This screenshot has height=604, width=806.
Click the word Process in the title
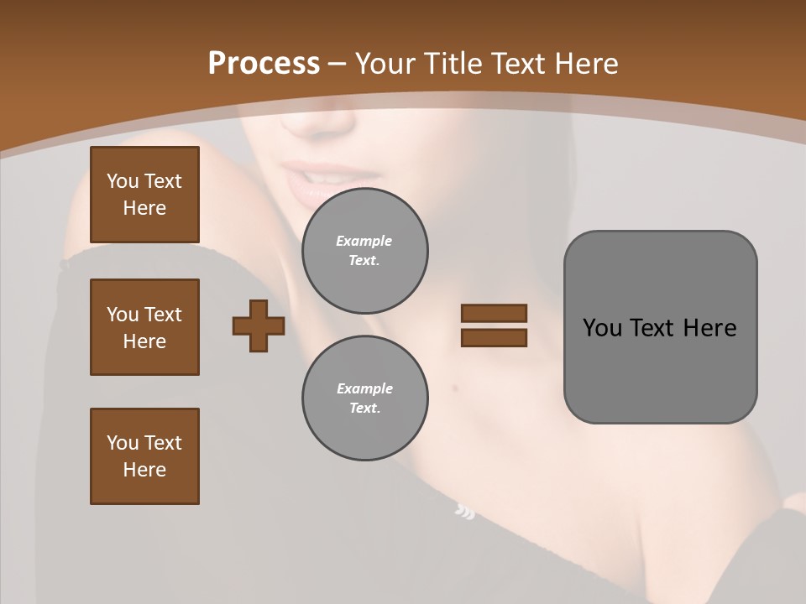pos(264,64)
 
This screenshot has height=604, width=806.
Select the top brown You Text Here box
pos(144,195)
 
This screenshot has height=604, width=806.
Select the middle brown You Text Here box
pos(144,327)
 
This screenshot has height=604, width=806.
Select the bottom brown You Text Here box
pos(144,456)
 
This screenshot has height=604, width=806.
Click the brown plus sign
pos(259,325)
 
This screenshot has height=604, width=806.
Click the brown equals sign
pos(494,325)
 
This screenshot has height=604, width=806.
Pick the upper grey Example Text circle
pos(364,250)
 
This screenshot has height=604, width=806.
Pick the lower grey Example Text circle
pos(364,398)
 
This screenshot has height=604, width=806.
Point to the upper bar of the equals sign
pos(494,313)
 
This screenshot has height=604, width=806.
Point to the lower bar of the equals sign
pos(494,337)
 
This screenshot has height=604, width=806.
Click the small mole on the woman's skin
pos(454,387)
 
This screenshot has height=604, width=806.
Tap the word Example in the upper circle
pos(364,241)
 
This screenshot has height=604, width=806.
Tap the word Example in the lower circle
pos(364,388)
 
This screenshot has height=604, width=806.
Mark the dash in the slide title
pos(337,64)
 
